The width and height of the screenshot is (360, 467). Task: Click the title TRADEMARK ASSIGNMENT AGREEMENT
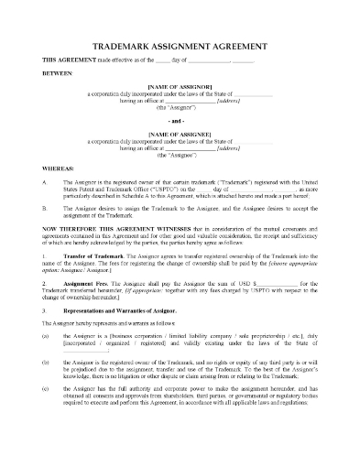(180, 44)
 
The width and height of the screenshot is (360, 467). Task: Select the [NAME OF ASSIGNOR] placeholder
(180, 89)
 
